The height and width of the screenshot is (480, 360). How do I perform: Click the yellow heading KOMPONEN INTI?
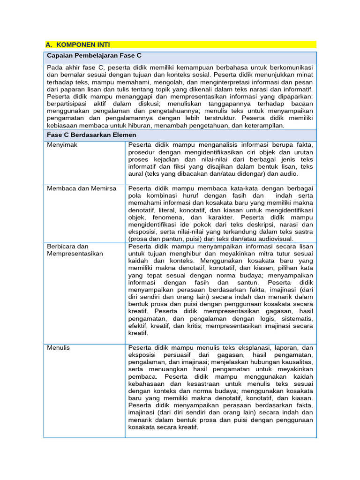point(83,45)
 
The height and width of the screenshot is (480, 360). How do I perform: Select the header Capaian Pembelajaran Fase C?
point(94,56)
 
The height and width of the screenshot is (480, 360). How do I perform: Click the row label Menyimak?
point(62,145)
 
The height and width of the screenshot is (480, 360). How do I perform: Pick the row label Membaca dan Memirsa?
point(77,188)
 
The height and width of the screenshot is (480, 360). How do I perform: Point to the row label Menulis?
point(59,348)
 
